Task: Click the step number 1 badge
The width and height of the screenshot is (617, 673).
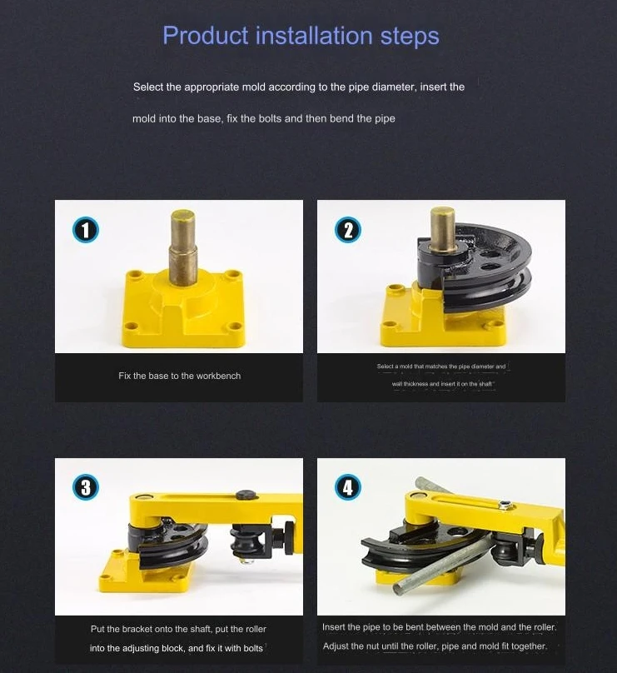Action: click(x=86, y=230)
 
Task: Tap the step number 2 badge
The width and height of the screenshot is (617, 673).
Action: click(x=348, y=230)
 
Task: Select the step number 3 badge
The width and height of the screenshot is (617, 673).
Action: click(x=86, y=487)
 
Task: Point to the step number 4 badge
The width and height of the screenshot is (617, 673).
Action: click(x=348, y=487)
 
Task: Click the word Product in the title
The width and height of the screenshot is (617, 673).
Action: click(x=205, y=35)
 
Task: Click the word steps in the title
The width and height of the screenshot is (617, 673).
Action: click(x=410, y=36)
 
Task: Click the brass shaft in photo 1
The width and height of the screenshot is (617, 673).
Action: click(x=183, y=247)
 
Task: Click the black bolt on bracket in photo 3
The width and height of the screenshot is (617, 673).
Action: click(x=246, y=495)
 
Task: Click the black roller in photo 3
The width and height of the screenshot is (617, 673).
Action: click(x=243, y=541)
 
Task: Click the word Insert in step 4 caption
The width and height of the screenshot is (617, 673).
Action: click(x=335, y=627)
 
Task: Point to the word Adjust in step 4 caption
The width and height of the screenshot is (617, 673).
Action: click(x=336, y=646)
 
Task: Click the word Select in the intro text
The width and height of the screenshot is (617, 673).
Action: click(x=148, y=87)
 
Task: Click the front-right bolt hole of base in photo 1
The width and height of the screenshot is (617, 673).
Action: click(x=233, y=327)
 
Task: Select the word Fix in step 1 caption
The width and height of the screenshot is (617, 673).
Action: click(x=124, y=376)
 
